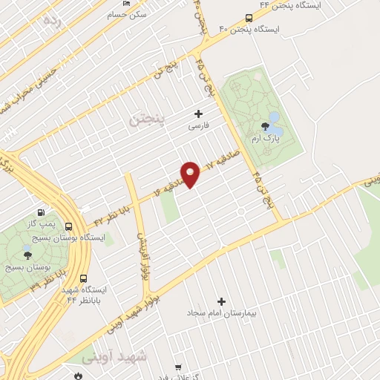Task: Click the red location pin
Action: (191, 174)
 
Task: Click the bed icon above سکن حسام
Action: (127, 4)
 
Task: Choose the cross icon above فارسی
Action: (198, 114)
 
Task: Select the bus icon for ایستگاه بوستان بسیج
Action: (69, 227)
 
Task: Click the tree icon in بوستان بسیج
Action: (27, 253)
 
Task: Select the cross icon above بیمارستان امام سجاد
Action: (221, 301)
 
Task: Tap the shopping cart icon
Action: (178, 367)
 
